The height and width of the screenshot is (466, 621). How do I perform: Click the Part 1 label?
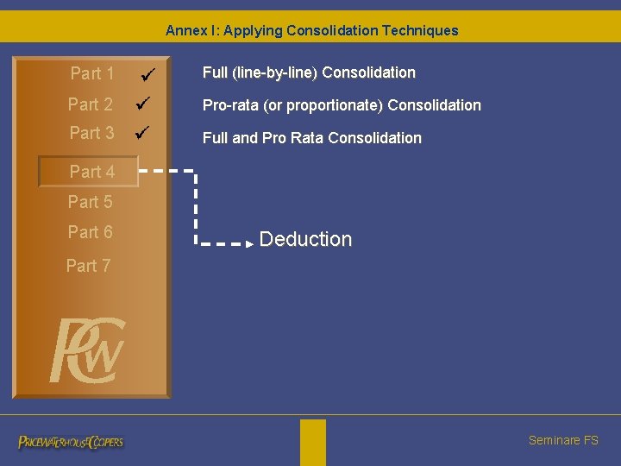[x=92, y=74]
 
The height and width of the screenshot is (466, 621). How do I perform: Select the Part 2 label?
[x=91, y=104]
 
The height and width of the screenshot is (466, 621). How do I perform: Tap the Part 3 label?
[x=91, y=133]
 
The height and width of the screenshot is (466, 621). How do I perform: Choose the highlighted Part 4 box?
[x=89, y=172]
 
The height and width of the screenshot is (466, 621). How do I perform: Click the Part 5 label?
[x=91, y=202]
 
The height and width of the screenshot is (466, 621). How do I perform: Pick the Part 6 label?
[x=91, y=232]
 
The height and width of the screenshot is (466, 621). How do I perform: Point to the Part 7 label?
[x=89, y=266]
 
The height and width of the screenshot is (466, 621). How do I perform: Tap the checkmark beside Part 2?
[x=144, y=104]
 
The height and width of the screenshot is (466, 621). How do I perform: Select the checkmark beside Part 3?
[x=144, y=134]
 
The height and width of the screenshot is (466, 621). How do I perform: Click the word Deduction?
[x=305, y=239]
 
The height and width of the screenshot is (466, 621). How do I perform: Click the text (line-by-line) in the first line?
[x=274, y=72]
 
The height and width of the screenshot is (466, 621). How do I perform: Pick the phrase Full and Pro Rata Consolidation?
[x=311, y=138]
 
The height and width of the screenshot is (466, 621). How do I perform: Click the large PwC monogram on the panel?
[x=87, y=349]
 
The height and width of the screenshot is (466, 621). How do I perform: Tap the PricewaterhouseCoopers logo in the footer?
[x=71, y=442]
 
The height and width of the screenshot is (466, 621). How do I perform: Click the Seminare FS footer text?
[x=563, y=440]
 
